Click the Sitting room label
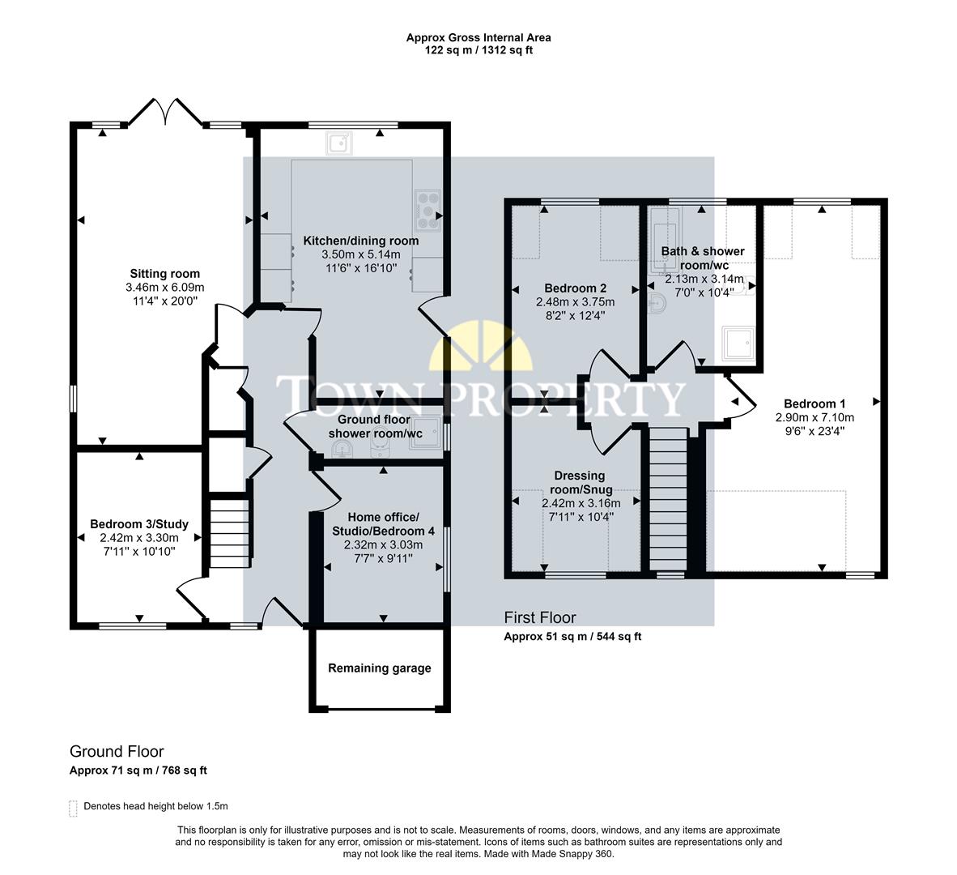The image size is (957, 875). pyautogui.click(x=164, y=273)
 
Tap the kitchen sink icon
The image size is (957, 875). pyautogui.click(x=338, y=144)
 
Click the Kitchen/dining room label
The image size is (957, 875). pyautogui.click(x=361, y=241)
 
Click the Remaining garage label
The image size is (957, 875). pyautogui.click(x=379, y=668)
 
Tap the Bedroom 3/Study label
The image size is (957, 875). pyautogui.click(x=138, y=523)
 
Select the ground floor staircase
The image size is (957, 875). pyautogui.click(x=230, y=535)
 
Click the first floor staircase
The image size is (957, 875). pyautogui.click(x=669, y=500)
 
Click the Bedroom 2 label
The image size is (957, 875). pyautogui.click(x=575, y=288)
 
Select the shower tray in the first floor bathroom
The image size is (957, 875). pyautogui.click(x=741, y=344)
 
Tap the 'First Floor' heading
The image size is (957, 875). pyautogui.click(x=540, y=618)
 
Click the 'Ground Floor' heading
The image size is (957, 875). pyautogui.click(x=117, y=751)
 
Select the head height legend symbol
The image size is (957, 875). pyautogui.click(x=74, y=807)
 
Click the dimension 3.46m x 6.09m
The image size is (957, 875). pyautogui.click(x=164, y=288)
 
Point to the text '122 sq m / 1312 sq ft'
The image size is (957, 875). pyautogui.click(x=478, y=50)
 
